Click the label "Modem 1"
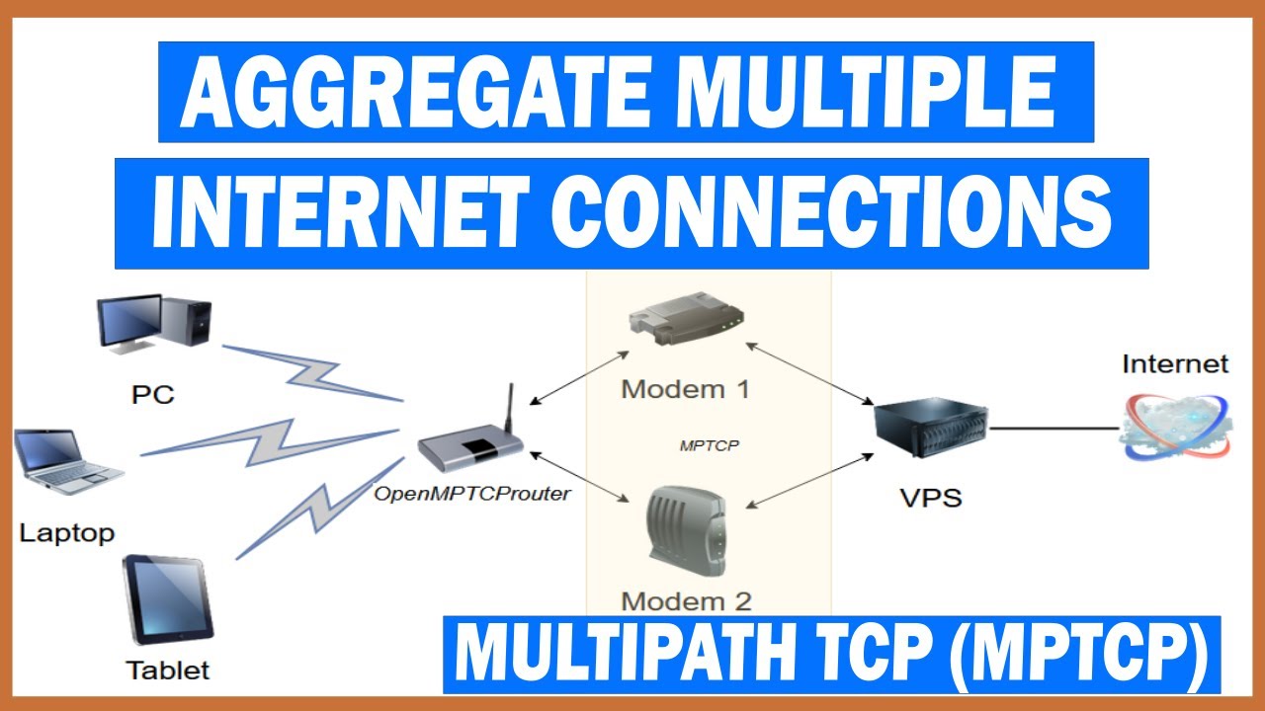(685, 388)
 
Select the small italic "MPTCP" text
(710, 445)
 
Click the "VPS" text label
(931, 497)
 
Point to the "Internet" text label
(1175, 364)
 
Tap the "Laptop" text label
(67, 533)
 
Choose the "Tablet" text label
(168, 671)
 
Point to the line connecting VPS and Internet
(1054, 428)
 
